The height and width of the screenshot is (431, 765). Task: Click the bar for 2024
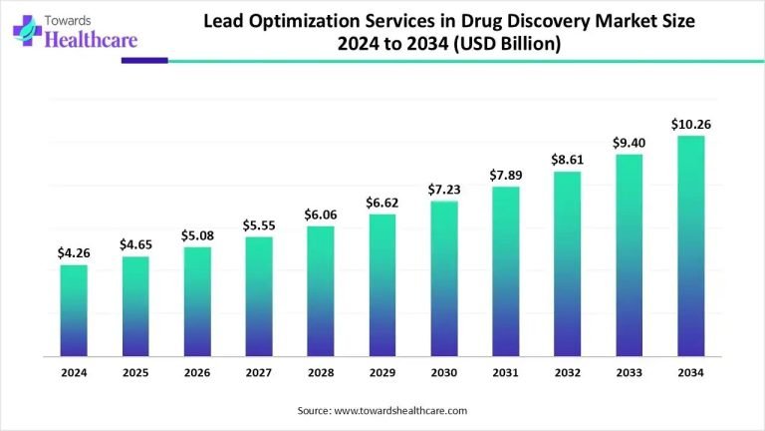(x=74, y=310)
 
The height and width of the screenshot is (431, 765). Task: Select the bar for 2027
(x=259, y=296)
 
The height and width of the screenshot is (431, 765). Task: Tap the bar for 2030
(x=444, y=278)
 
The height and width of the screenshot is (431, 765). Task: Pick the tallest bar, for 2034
(x=691, y=246)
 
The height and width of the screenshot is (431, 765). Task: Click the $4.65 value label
(x=135, y=244)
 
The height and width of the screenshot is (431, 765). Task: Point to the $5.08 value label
(x=197, y=234)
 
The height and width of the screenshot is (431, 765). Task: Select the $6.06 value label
(x=321, y=214)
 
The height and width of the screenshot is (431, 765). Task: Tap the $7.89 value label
(x=506, y=175)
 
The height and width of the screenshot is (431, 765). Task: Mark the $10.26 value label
(x=691, y=124)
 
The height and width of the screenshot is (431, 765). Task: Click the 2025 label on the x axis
(x=135, y=372)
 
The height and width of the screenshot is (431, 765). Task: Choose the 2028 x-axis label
(x=321, y=372)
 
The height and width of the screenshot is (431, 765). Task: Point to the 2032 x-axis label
(x=568, y=372)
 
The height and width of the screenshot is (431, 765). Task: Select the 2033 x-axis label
(x=630, y=372)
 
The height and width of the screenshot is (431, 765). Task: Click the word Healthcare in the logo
(x=87, y=41)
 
